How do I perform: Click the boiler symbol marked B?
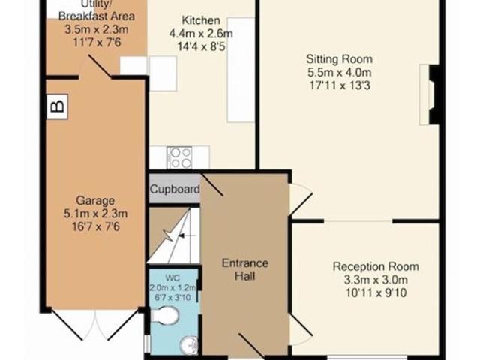(x=57, y=106)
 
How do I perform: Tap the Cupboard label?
(x=175, y=190)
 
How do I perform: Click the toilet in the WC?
(x=165, y=316)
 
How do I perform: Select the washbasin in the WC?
(x=189, y=345)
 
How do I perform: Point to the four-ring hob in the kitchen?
(x=180, y=158)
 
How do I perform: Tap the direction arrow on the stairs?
(x=187, y=235)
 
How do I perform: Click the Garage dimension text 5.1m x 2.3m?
(x=95, y=214)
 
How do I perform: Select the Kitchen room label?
(x=201, y=20)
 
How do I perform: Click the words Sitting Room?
(x=340, y=59)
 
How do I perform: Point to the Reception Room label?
(x=376, y=266)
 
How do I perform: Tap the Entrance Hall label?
(x=245, y=269)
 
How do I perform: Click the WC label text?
(x=172, y=278)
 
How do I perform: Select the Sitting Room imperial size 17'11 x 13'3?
(x=340, y=85)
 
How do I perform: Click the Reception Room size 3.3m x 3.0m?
(x=376, y=280)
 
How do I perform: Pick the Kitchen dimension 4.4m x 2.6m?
(x=201, y=33)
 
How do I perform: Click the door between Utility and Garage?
(x=100, y=66)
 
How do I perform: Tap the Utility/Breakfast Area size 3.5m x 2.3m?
(x=97, y=29)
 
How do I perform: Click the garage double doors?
(x=95, y=325)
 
